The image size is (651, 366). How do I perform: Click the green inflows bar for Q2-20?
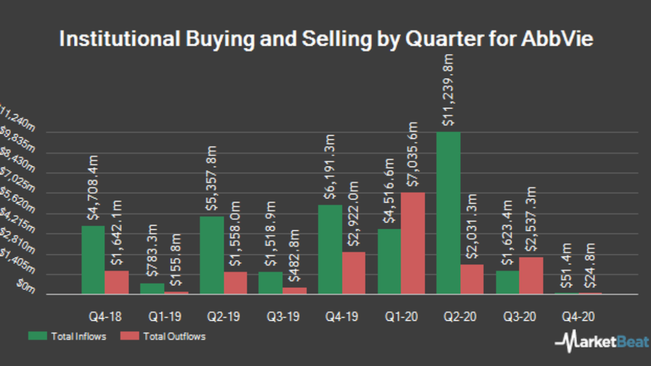tap(448, 213)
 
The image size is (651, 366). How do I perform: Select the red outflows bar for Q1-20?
tap(412, 243)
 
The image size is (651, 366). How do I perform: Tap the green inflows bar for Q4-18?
tap(93, 260)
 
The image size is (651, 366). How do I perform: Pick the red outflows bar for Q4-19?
tap(353, 273)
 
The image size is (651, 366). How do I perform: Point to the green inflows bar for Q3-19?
tap(270, 283)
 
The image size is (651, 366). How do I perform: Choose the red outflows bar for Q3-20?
tap(531, 276)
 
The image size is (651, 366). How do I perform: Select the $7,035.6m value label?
tap(413, 154)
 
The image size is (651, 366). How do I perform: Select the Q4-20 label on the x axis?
tap(578, 317)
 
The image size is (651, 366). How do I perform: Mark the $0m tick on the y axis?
tap(25, 287)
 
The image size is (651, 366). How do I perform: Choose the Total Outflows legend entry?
tap(163, 336)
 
